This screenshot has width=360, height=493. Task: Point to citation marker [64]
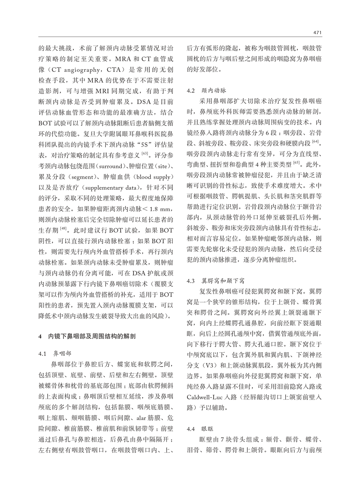[x=315, y=141]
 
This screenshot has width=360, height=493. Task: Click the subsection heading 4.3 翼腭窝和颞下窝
[x=216, y=281]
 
